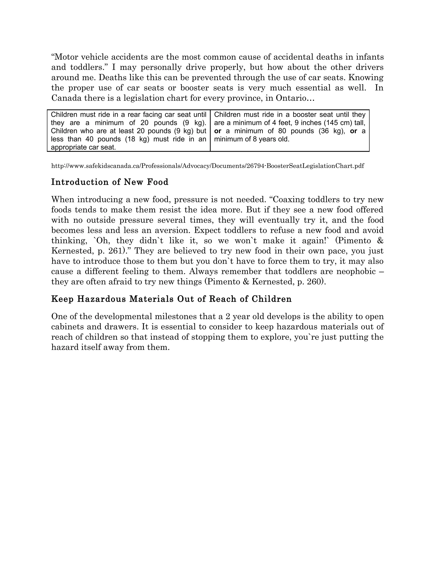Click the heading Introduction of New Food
pyautogui.click(x=110, y=182)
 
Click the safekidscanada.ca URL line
pyautogui.click(x=208, y=166)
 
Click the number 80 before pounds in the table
pyautogui.click(x=282, y=131)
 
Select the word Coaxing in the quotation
pyautogui.click(x=288, y=199)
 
